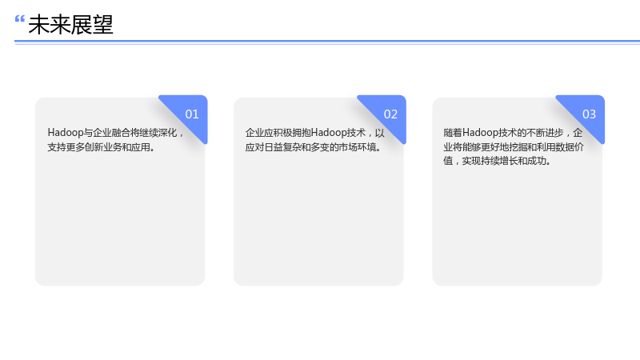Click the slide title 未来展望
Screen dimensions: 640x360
point(70,25)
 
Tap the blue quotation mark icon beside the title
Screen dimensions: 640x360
point(19,18)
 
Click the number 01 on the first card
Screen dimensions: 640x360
point(192,114)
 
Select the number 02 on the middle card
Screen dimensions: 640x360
point(390,114)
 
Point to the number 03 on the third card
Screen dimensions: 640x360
point(589,114)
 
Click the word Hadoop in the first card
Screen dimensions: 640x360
point(66,133)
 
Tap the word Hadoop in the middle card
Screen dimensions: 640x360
point(329,133)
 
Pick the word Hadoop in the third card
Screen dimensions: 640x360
point(480,133)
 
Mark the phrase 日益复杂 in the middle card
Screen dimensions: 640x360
point(282,147)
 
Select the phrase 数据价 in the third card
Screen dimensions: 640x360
point(570,147)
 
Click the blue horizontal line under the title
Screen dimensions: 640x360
point(327,42)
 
